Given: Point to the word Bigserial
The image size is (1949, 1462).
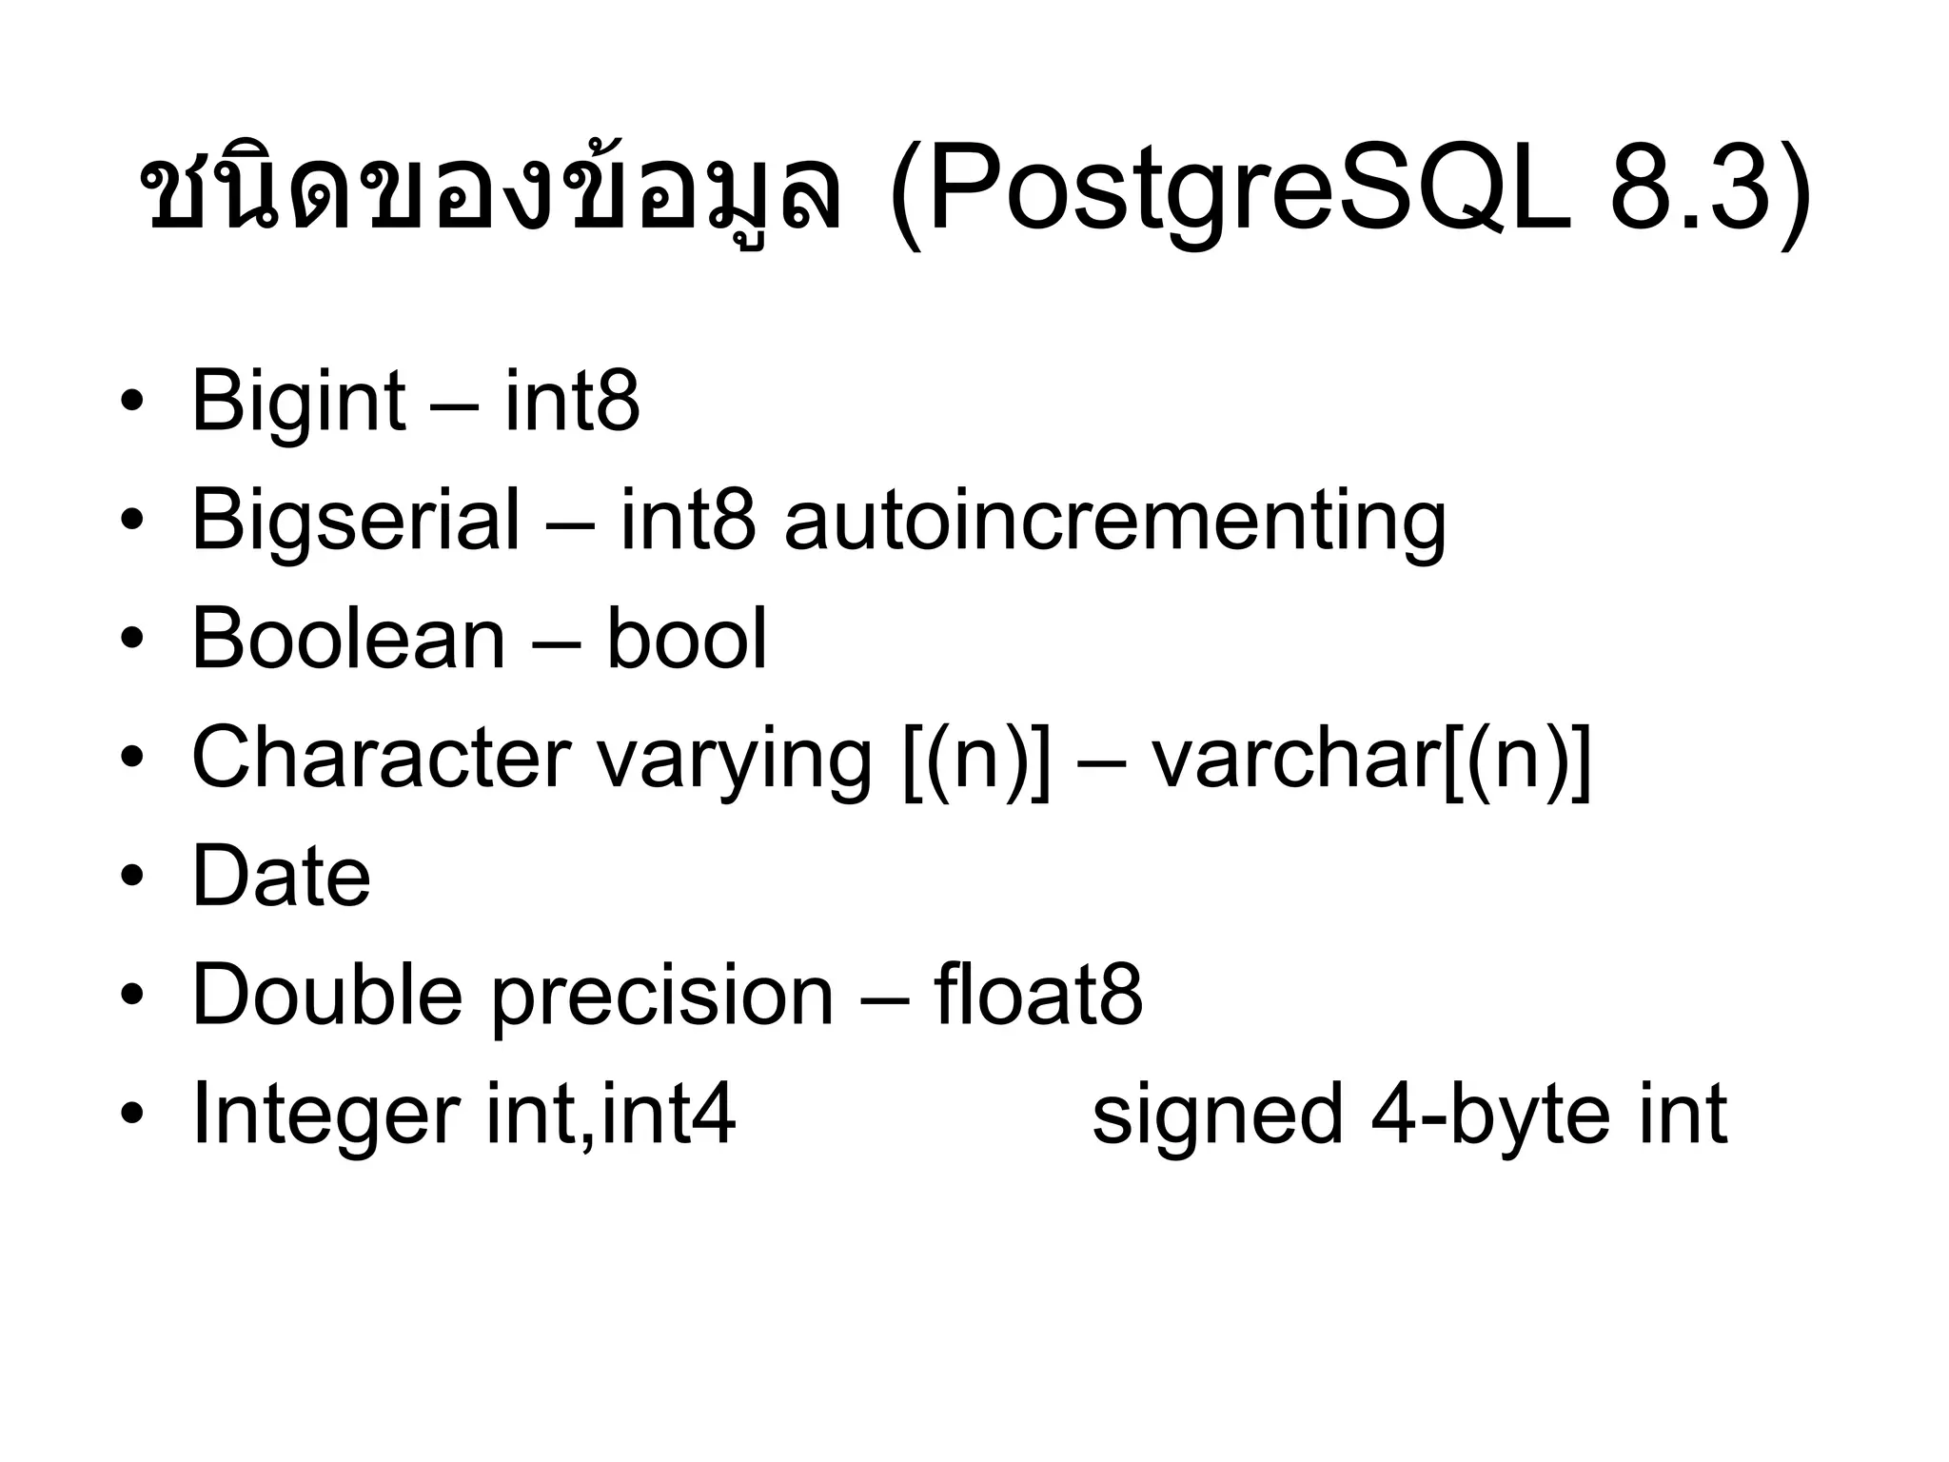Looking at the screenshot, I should [x=356, y=522].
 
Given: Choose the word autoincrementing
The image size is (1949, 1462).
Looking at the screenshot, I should [x=1114, y=522].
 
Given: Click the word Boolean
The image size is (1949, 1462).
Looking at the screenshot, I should [x=348, y=640].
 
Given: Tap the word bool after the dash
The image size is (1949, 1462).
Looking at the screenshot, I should [x=686, y=640].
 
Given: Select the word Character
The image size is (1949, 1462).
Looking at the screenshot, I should [x=381, y=759].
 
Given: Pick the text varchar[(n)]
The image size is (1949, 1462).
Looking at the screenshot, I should [x=1371, y=760].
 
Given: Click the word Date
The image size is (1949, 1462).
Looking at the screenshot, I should [x=282, y=878].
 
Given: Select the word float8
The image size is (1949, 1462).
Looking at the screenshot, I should [x=1038, y=996].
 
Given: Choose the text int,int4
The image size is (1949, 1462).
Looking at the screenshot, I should [x=610, y=1115].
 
